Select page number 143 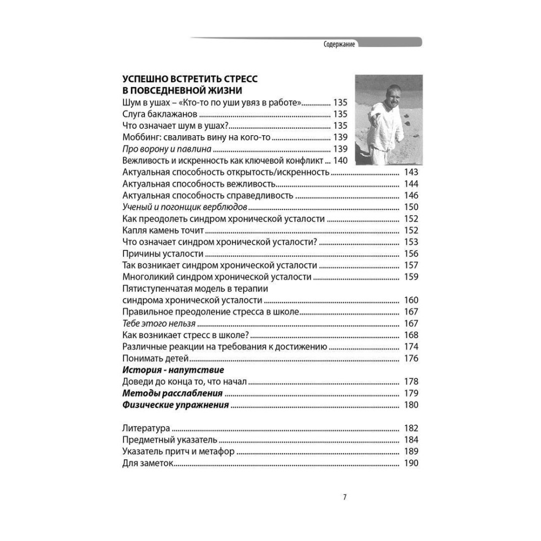411,173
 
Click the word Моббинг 142,137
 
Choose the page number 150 411,207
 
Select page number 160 411,301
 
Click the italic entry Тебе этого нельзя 159,324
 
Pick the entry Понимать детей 155,359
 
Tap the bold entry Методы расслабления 173,394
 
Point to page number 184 411,440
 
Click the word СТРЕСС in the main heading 232,79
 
